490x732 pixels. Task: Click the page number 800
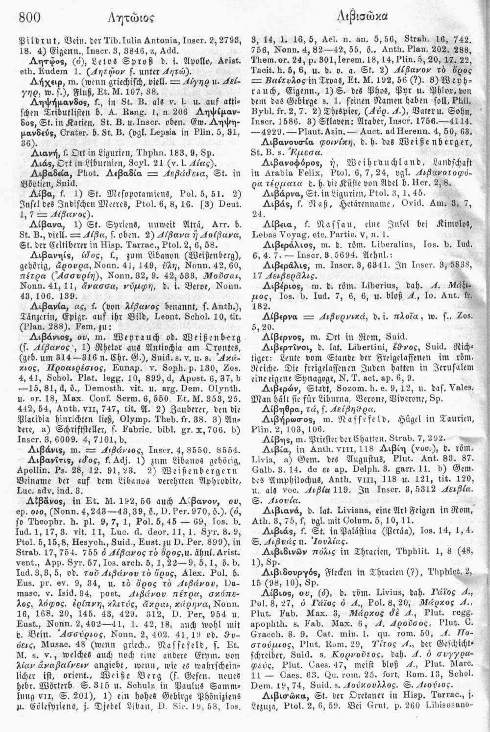coord(29,17)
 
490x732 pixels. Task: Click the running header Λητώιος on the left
coord(119,19)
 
